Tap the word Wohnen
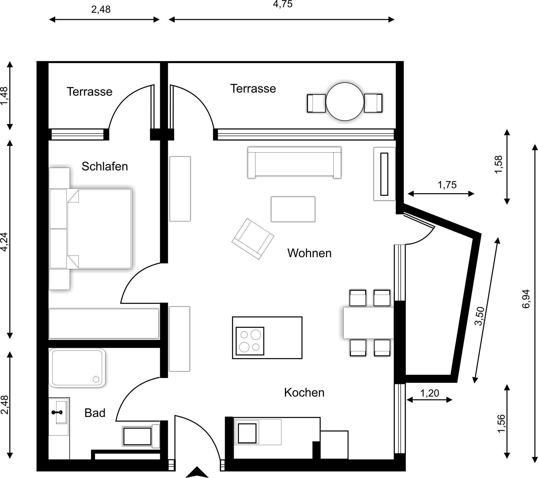click(x=309, y=253)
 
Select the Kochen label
click(x=304, y=392)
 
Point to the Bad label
click(x=95, y=413)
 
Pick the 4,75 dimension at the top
click(x=283, y=4)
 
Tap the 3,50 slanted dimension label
click(x=479, y=316)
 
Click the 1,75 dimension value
click(x=447, y=185)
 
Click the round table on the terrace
click(x=345, y=102)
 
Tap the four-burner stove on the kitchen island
click(x=250, y=341)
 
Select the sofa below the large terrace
click(x=294, y=162)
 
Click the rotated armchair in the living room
click(x=253, y=239)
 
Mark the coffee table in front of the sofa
click(x=293, y=209)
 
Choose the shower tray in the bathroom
click(x=77, y=368)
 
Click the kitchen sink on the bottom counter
click(x=247, y=433)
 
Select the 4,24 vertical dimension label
click(x=5, y=242)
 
